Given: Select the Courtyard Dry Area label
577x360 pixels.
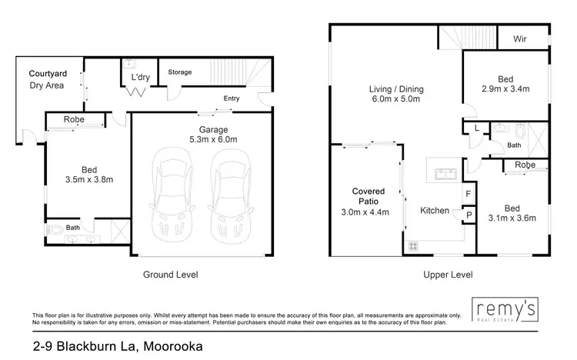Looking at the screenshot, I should click(x=46, y=79).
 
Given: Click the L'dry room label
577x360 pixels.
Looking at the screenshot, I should click(x=140, y=78).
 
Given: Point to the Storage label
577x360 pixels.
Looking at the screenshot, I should click(x=180, y=72).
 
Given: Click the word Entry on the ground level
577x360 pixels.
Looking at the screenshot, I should click(x=232, y=98).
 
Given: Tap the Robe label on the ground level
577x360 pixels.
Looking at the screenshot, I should click(x=74, y=120).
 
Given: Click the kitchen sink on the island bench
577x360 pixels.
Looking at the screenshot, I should click(x=444, y=172).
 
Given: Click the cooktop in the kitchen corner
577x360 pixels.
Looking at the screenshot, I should click(x=412, y=246).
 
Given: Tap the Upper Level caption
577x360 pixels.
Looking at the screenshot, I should click(x=447, y=275).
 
